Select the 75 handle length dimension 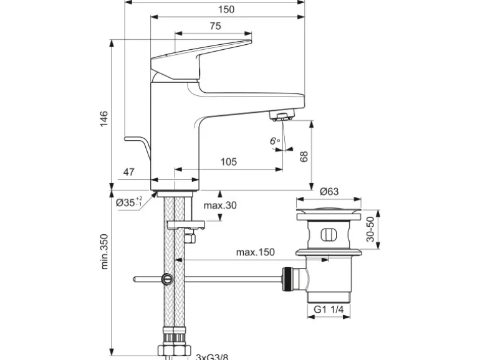(x=215, y=26)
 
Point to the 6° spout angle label (x=274, y=141)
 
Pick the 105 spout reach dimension (x=229, y=162)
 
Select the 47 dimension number (x=129, y=172)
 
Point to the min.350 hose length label (x=104, y=252)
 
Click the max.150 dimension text (x=255, y=252)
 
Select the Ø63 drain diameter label (x=329, y=192)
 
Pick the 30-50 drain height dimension (x=370, y=229)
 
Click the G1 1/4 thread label (x=329, y=309)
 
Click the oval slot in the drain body (x=328, y=235)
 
